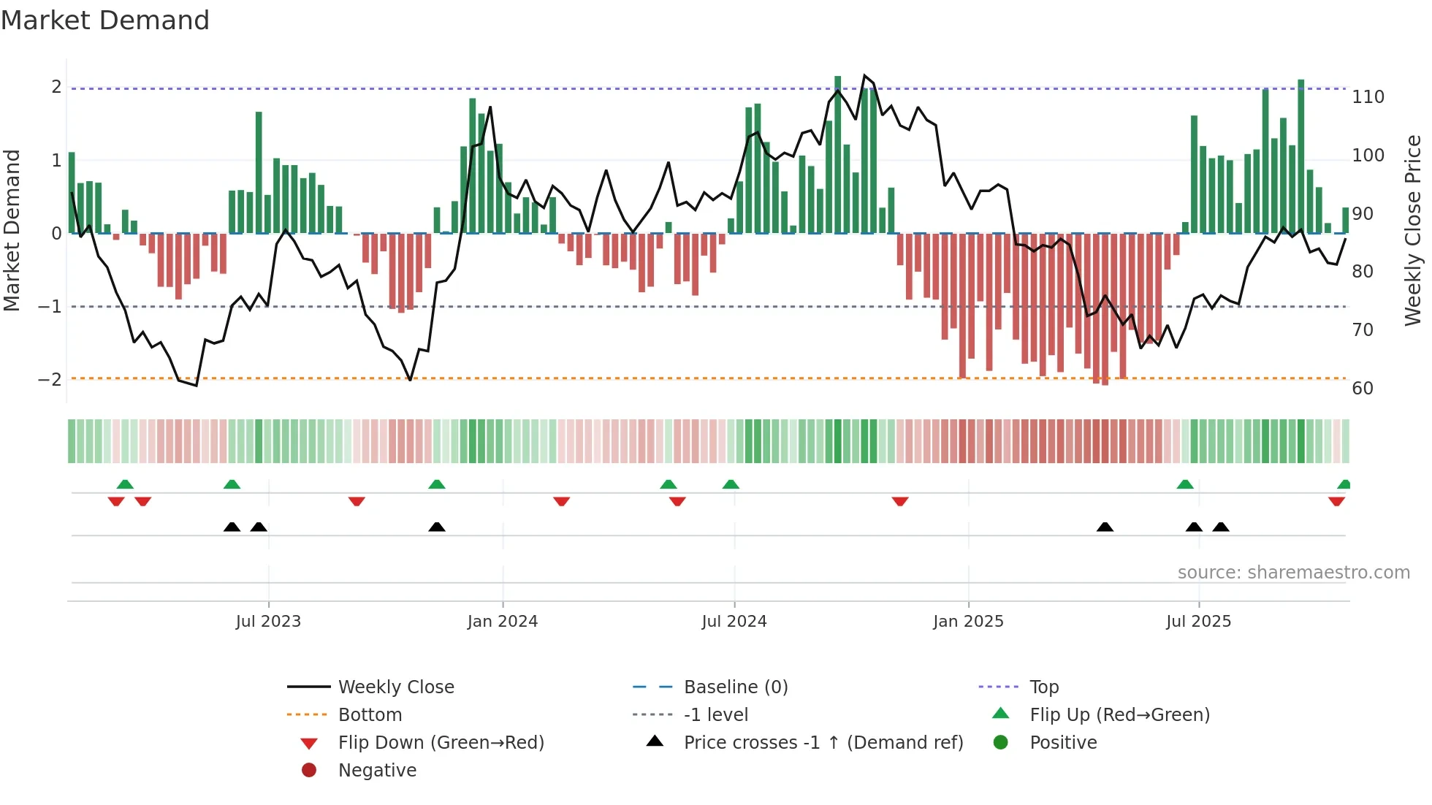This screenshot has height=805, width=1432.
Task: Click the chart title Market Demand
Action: pos(105,20)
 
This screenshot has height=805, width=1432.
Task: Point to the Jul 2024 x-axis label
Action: pos(734,622)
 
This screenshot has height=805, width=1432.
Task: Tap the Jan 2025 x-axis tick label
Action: pos(968,622)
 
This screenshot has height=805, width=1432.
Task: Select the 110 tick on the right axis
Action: pos(1368,97)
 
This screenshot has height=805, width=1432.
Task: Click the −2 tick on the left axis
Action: pos(50,380)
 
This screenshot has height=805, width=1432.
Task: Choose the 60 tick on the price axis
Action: pos(1363,389)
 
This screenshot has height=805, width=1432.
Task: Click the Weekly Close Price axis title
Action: pos(1413,230)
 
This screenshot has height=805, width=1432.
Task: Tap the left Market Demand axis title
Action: pos(12,230)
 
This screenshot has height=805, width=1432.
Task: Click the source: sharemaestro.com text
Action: pos(1293,573)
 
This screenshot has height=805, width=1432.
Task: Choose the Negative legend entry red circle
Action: pos(309,771)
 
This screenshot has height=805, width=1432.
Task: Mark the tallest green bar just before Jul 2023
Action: pos(259,172)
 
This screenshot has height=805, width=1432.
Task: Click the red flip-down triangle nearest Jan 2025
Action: pos(900,502)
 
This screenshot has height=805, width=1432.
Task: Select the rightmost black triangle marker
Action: pos(1221,527)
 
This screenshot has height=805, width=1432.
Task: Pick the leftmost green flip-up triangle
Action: pos(125,484)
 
